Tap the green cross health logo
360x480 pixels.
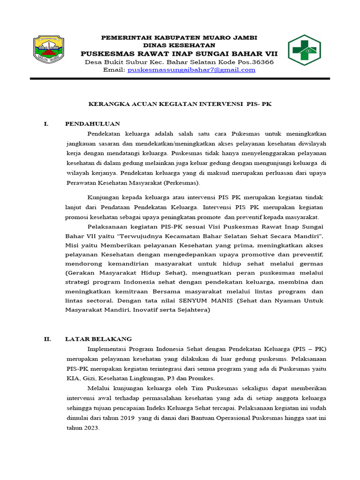(x=304, y=50)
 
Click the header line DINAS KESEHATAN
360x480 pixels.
(x=179, y=45)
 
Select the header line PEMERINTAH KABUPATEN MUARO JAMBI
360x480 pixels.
(x=179, y=37)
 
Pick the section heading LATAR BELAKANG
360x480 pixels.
(x=98, y=339)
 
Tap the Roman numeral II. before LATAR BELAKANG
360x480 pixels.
(x=47, y=339)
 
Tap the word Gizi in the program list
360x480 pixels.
(x=90, y=378)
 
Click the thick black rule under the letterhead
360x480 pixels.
(x=180, y=79)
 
